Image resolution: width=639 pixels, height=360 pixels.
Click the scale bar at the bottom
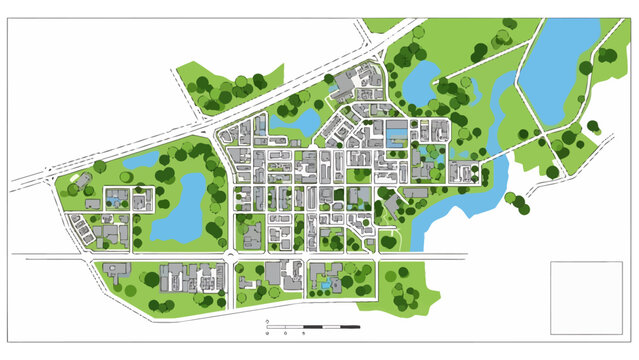click(311, 327)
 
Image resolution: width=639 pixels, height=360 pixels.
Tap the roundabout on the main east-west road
click(232, 258)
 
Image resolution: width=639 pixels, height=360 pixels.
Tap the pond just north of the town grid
click(301, 123)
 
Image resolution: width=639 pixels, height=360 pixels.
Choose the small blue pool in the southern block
click(324, 285)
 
